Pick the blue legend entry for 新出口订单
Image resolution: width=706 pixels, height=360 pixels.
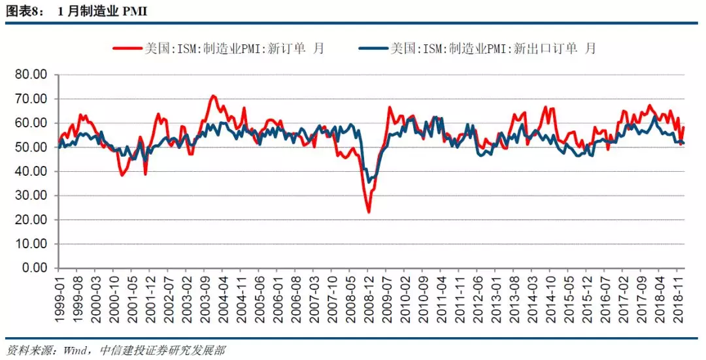(477, 48)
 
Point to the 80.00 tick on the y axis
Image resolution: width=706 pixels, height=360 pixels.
(31, 74)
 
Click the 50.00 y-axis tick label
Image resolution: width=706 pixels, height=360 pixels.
(31, 147)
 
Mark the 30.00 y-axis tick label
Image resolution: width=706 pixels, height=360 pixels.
(31, 195)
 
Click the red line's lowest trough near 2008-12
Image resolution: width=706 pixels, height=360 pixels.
(369, 212)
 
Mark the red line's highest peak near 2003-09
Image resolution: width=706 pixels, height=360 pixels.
(213, 96)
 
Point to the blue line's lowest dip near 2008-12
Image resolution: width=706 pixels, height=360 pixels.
(369, 182)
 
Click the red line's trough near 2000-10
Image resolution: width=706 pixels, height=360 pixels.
(122, 175)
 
